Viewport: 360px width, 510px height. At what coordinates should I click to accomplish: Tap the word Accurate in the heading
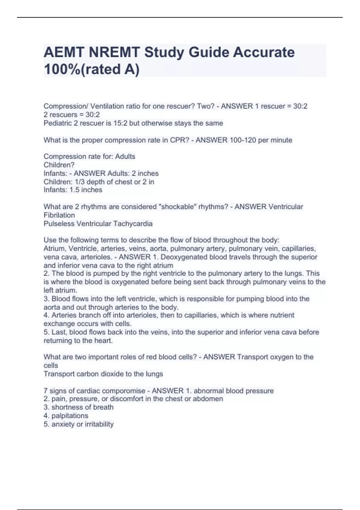point(264,52)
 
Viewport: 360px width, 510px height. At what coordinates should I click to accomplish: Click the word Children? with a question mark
point(59,165)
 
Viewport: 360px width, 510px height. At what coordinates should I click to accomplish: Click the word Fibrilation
point(59,215)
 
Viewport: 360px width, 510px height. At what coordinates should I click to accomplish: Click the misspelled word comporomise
point(126,391)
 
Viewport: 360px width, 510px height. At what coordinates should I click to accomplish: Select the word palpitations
point(70,415)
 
